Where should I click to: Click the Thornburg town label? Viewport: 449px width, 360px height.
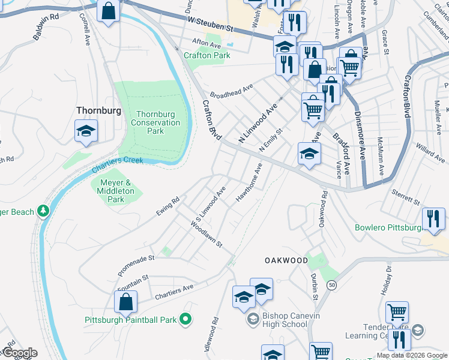click(x=98, y=110)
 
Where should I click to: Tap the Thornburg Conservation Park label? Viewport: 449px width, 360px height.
click(x=155, y=122)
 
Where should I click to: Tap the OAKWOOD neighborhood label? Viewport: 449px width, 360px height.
click(x=286, y=260)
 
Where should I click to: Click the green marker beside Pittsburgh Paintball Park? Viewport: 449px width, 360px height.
click(x=186, y=320)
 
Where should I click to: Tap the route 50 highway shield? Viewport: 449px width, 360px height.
click(x=331, y=285)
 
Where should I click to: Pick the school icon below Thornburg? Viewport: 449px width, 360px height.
click(x=86, y=131)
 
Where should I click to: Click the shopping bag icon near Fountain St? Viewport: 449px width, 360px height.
click(x=125, y=302)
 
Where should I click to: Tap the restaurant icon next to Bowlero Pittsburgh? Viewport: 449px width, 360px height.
click(x=433, y=220)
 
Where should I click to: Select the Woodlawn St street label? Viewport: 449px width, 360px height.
click(x=206, y=234)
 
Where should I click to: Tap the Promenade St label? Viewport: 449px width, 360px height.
click(x=136, y=265)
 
